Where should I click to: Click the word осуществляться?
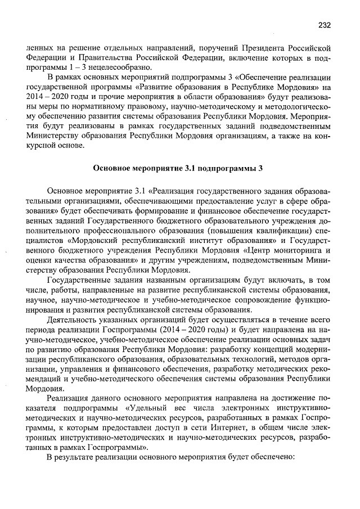click(227, 321)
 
